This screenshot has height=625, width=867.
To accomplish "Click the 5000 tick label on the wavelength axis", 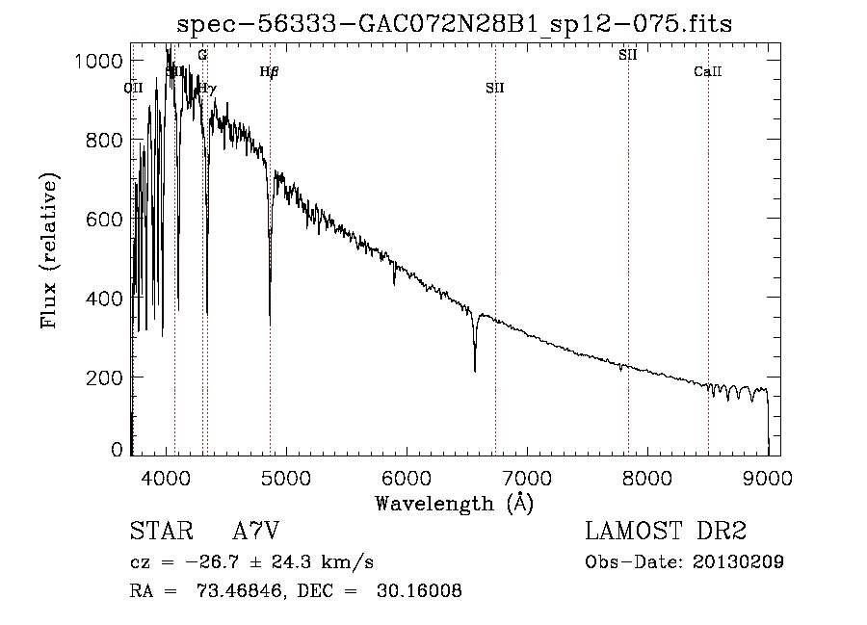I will (x=286, y=476).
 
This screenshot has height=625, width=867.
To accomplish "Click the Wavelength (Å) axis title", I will (x=454, y=503).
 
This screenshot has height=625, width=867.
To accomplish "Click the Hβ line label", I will (x=269, y=71).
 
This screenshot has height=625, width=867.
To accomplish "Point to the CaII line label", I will (x=708, y=71).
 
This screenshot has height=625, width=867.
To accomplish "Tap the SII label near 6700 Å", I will (x=495, y=88).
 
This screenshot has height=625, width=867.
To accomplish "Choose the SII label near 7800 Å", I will (x=628, y=55).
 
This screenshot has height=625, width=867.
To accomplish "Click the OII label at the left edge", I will (x=133, y=88).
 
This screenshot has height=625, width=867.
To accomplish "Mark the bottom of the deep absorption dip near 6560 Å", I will (x=475, y=371).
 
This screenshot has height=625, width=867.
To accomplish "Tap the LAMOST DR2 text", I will (x=666, y=532).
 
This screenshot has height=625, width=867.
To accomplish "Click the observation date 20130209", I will (x=739, y=562).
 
